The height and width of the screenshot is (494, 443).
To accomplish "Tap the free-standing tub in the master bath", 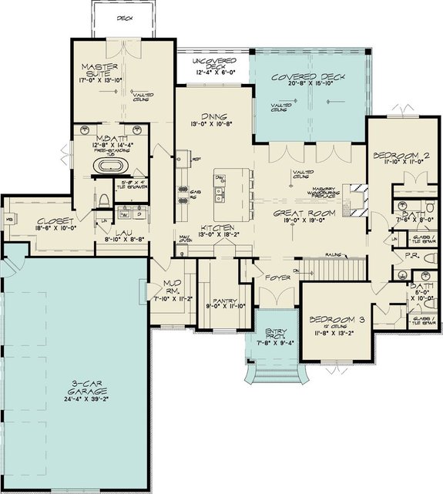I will (107, 165).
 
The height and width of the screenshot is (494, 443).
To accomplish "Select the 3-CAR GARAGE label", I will (77, 385).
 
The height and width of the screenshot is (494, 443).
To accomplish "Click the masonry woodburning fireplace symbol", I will (355, 192).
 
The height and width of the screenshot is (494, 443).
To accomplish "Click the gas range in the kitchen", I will (184, 194).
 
